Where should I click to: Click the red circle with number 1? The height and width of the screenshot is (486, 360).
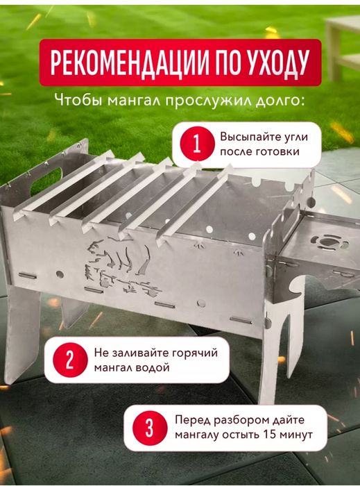(196, 144)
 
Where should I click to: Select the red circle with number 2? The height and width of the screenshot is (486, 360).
(69, 361)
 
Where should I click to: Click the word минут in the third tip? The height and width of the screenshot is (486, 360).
(294, 435)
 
